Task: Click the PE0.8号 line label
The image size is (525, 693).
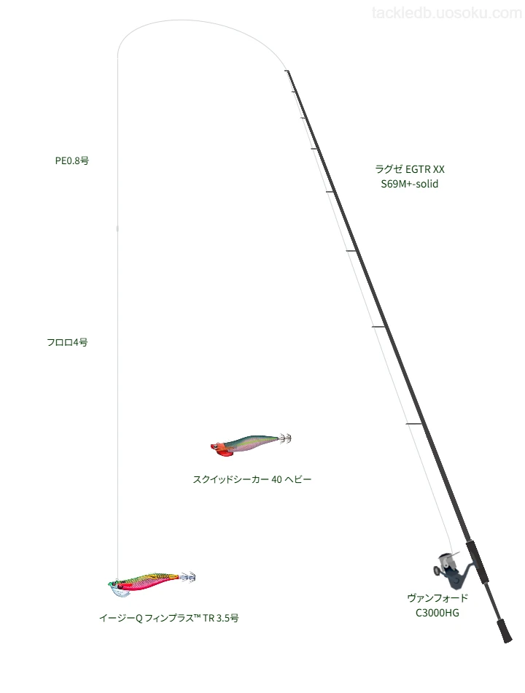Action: [x=72, y=160]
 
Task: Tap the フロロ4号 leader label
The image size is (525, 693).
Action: [x=67, y=342]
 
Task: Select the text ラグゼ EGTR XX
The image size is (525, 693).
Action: [x=410, y=169]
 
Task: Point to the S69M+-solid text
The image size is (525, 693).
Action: [x=410, y=184]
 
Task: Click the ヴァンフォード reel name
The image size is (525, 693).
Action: [x=437, y=598]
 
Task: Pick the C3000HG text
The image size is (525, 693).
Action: [x=437, y=613]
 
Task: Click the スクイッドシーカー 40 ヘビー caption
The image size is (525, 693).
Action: [x=252, y=479]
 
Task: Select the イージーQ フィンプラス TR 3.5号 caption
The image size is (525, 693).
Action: [x=169, y=618]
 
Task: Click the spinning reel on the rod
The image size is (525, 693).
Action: [x=451, y=570]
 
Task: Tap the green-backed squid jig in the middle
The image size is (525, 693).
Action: [x=251, y=444]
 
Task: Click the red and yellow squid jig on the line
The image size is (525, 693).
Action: [x=151, y=583]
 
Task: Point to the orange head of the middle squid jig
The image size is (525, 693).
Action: [x=220, y=449]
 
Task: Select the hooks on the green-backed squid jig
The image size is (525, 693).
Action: [x=285, y=439]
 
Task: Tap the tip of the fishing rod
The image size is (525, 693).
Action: [x=287, y=71]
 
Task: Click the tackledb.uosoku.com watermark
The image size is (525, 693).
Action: [x=447, y=13]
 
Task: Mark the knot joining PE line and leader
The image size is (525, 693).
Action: [x=117, y=228]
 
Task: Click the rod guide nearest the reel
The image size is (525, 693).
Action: [x=414, y=425]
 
